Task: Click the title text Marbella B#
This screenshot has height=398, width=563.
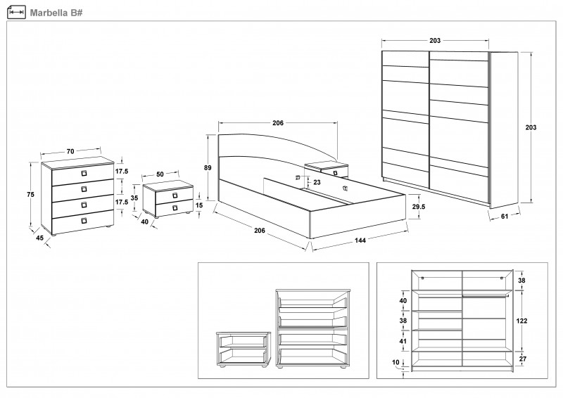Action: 53,11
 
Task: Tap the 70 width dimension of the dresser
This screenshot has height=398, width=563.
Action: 72,151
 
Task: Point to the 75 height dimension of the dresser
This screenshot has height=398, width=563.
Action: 30,195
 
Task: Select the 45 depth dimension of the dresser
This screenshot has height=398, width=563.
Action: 39,237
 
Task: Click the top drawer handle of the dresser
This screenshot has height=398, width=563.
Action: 83,172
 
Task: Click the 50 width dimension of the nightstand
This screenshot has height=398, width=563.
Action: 160,174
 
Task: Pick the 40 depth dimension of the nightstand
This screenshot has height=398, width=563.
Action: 144,222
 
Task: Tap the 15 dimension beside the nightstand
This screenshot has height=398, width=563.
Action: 199,205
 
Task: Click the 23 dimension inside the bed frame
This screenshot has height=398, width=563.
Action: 316,183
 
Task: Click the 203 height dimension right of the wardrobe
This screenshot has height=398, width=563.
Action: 531,127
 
